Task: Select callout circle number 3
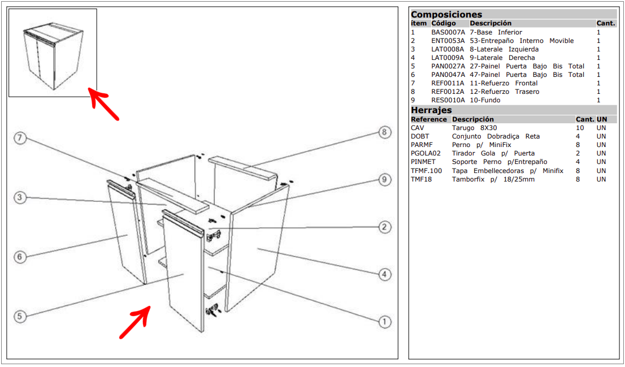(x=20, y=197)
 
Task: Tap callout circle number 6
(x=20, y=257)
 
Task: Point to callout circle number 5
(x=20, y=317)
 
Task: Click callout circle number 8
(x=384, y=133)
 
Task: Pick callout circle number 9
(x=384, y=180)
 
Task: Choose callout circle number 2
(x=384, y=227)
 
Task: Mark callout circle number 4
(x=384, y=275)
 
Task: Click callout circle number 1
(x=384, y=322)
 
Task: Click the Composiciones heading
(x=446, y=15)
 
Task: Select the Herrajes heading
(x=431, y=110)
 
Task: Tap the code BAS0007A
(x=448, y=32)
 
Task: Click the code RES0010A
(x=448, y=100)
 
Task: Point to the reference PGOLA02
(x=426, y=153)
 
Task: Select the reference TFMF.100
(x=427, y=170)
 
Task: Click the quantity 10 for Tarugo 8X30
(x=580, y=128)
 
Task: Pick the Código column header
(x=443, y=23)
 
